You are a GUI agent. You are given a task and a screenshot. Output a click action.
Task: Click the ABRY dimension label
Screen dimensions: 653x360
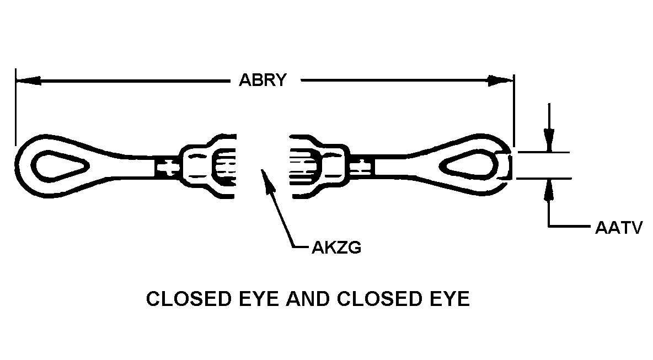pyautogui.click(x=263, y=80)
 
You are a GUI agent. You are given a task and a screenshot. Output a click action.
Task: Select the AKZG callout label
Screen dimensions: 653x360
pyautogui.click(x=336, y=248)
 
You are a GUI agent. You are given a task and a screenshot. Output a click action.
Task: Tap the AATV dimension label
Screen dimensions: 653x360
pyautogui.click(x=619, y=228)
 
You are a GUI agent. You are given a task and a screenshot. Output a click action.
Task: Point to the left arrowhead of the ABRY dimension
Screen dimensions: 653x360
pyautogui.click(x=28, y=80)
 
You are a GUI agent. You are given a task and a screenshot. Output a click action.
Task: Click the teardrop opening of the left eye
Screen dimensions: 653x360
pyautogui.click(x=62, y=165)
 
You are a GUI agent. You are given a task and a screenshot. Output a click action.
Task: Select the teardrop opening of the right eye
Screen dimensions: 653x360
pyautogui.click(x=468, y=165)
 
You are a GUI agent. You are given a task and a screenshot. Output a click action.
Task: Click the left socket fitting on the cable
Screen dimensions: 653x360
pyautogui.click(x=208, y=166)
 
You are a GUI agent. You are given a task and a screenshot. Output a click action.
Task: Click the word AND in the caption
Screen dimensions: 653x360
pyautogui.click(x=311, y=299)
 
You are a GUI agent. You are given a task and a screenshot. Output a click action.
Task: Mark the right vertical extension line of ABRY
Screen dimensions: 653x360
pyautogui.click(x=514, y=111)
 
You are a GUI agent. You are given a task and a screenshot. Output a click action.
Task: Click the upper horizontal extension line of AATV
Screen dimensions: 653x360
pyautogui.click(x=543, y=152)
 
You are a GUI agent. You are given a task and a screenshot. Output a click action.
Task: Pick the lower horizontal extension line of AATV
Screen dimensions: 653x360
pyautogui.click(x=543, y=179)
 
